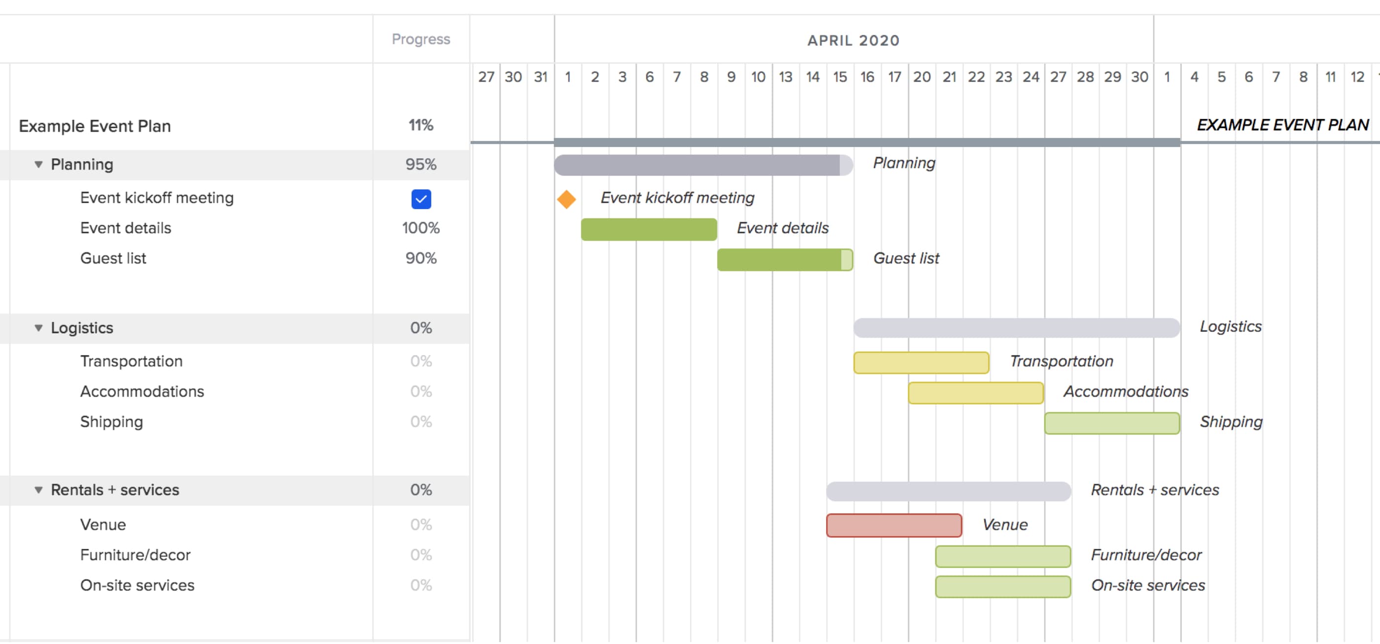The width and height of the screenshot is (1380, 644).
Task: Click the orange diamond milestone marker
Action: point(566,199)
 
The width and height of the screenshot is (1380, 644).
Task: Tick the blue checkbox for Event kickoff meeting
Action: point(421,199)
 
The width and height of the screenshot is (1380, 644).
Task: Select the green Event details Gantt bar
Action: point(649,229)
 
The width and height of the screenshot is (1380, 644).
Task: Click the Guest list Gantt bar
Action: point(784,260)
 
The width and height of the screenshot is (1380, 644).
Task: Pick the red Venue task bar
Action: point(894,526)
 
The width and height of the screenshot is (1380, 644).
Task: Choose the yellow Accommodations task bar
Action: point(975,393)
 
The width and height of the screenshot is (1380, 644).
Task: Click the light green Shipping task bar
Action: point(1111,423)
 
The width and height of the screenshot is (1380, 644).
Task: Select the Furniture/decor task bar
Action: point(1003,557)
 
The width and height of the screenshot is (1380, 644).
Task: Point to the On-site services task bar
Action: point(1003,587)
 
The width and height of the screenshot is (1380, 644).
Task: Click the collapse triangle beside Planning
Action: point(38,165)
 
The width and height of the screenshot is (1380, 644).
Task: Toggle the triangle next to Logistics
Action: point(38,328)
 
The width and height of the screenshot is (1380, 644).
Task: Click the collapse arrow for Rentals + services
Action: point(38,490)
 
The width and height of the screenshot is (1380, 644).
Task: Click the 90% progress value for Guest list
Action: point(421,258)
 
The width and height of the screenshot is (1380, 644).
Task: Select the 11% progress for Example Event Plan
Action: point(421,125)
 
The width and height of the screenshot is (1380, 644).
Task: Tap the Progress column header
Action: point(421,39)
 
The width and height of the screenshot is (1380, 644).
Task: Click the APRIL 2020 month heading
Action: point(854,41)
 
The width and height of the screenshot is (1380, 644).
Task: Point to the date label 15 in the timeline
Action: point(839,77)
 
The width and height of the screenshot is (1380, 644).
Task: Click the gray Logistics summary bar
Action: point(1016,328)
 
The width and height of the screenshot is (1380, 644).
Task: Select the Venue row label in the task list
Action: point(103,525)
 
